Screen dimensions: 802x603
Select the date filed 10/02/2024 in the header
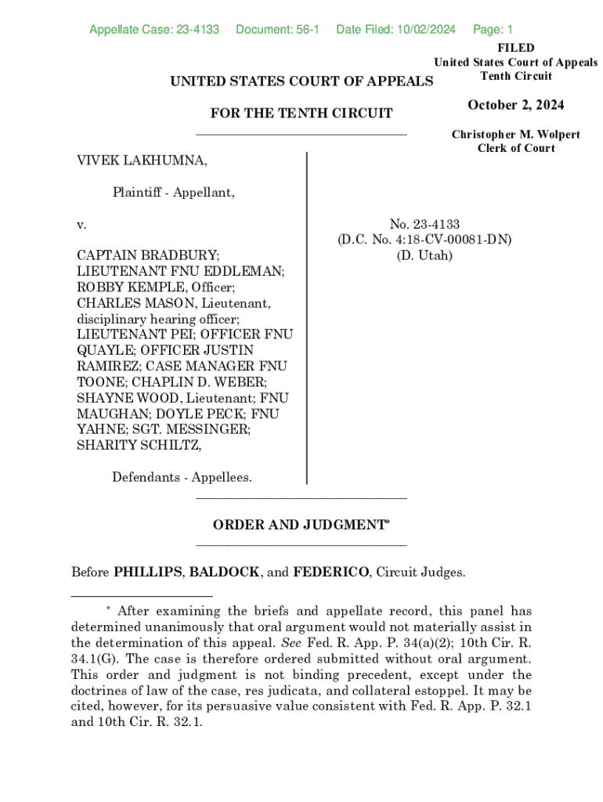[427, 30]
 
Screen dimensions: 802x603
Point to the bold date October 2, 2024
[515, 106]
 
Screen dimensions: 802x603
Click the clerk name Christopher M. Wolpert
[515, 135]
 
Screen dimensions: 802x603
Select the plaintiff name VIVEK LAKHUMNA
[142, 161]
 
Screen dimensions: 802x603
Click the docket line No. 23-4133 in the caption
[424, 225]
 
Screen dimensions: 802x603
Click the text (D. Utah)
[424, 255]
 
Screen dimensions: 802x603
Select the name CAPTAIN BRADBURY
[148, 255]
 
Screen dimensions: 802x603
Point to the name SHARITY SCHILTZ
[139, 445]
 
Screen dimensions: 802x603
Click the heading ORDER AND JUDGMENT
[300, 526]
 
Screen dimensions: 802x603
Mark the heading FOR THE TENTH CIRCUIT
[301, 114]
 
